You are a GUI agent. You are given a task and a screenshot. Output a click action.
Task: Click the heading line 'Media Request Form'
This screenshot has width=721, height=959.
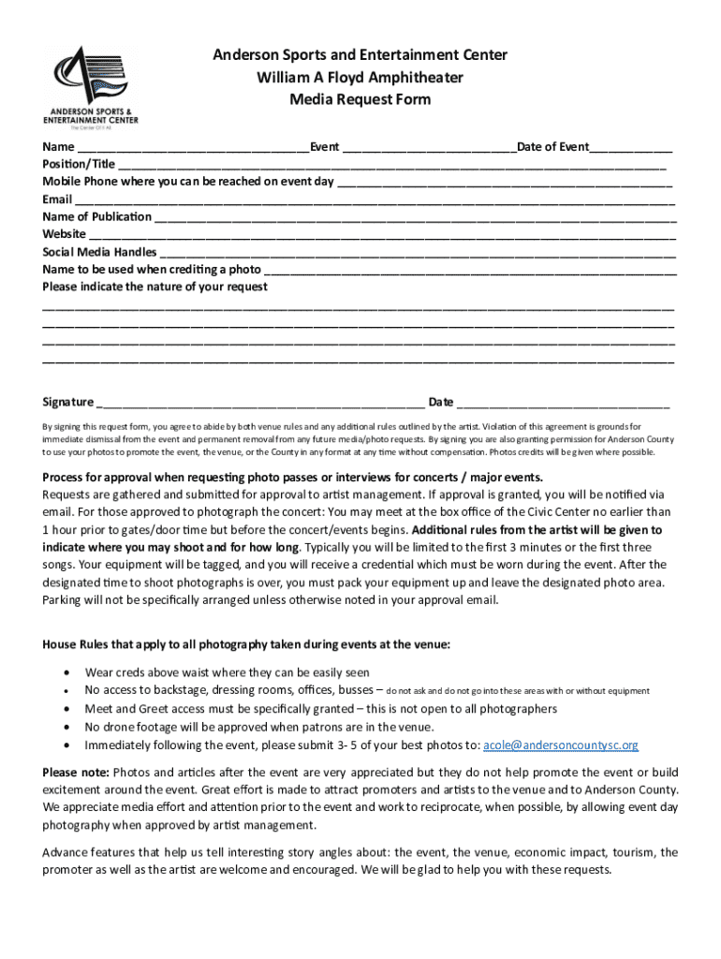tap(360, 99)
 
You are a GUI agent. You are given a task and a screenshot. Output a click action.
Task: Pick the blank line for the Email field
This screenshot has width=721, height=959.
tap(375, 200)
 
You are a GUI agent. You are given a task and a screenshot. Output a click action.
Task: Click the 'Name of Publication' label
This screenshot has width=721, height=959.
tap(96, 217)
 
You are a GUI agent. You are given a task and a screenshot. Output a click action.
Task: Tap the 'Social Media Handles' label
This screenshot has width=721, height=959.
tap(99, 252)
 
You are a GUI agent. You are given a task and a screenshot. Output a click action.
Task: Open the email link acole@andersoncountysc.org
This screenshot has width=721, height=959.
tap(560, 745)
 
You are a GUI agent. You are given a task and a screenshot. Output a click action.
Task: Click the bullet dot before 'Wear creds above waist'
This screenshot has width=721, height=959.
tap(65, 672)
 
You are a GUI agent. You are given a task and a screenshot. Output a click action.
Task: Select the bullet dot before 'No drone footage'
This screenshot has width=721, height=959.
tap(65, 727)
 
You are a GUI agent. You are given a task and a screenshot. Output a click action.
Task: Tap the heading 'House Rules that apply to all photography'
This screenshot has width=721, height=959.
tap(246, 644)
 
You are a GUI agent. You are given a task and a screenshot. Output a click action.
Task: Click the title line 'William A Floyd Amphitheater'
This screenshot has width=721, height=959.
tap(360, 77)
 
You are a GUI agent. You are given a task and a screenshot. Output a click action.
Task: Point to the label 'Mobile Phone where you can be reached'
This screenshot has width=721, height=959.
tap(187, 182)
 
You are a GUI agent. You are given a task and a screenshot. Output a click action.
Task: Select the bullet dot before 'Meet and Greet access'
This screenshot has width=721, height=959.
tap(65, 709)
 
